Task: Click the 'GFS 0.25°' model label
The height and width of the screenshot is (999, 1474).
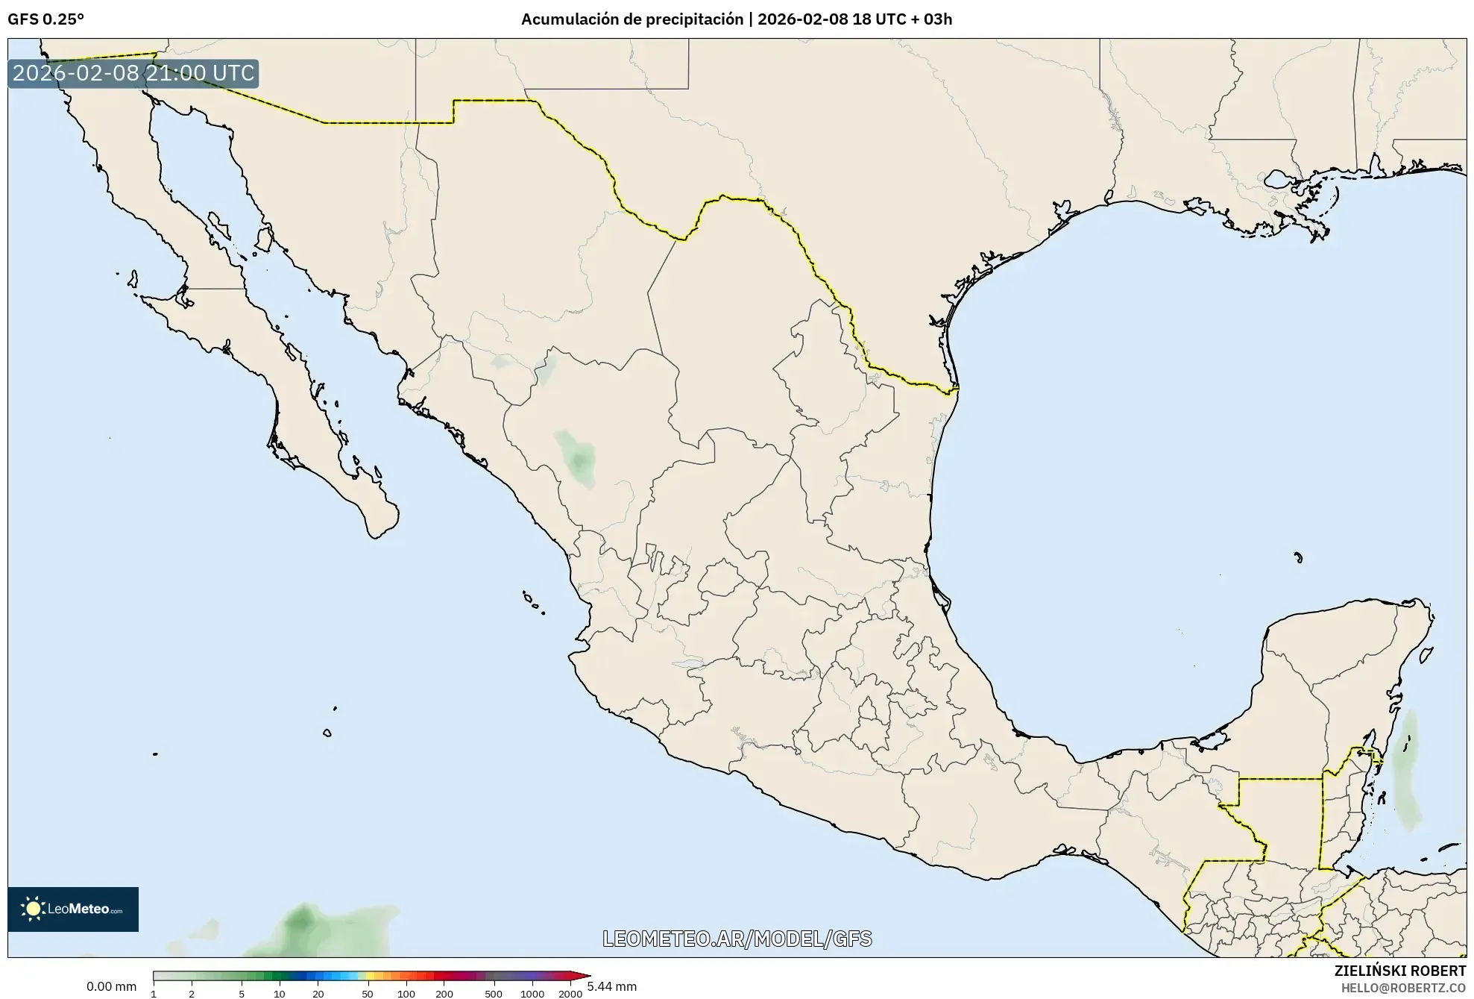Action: pos(45,19)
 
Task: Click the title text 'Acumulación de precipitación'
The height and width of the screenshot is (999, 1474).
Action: pos(632,19)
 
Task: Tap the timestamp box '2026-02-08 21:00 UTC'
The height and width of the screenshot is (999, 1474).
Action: pos(133,74)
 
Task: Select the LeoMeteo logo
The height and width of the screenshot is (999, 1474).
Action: pos(73,909)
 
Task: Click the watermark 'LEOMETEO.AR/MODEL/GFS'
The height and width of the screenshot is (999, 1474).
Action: pos(737,939)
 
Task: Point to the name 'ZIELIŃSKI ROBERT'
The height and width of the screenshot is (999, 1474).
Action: pos(1399,971)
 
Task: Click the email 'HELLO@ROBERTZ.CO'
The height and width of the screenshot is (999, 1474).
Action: pos(1403,988)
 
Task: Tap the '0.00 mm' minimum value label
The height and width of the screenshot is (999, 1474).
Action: pos(111,986)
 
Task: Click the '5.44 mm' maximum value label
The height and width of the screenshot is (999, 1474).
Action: pos(611,986)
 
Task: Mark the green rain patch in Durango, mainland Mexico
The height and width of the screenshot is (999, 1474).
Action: pos(576,457)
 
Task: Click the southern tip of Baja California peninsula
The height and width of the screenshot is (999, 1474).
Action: pos(377,534)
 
